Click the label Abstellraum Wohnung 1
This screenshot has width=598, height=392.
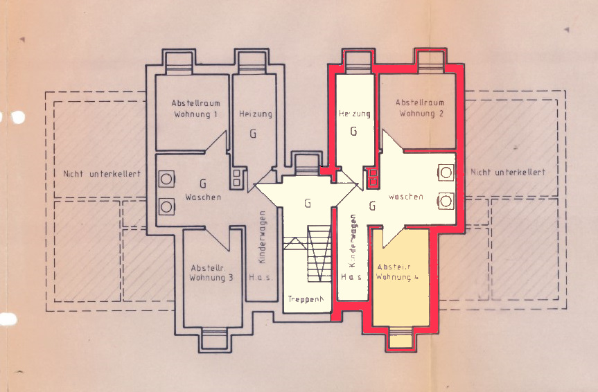[195, 109]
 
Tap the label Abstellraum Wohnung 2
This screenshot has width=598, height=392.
[421, 108]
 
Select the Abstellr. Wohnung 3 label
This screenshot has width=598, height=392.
[211, 273]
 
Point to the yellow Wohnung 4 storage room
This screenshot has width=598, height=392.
[401, 278]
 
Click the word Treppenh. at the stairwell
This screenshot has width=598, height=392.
[306, 299]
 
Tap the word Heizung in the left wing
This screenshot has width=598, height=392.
[256, 114]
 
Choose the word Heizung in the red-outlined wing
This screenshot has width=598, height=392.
[354, 114]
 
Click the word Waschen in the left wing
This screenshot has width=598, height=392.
[203, 197]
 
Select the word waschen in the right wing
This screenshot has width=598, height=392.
[406, 197]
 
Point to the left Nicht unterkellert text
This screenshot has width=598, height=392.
[102, 174]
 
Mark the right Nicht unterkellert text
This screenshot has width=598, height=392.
[508, 172]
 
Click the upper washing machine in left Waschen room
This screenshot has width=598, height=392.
[167, 179]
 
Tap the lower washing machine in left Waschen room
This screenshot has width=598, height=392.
[167, 206]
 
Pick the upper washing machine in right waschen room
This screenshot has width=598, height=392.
[446, 172]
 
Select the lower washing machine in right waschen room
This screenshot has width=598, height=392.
[446, 201]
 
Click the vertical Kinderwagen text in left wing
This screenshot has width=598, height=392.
[262, 237]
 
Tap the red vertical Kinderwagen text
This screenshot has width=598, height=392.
[353, 240]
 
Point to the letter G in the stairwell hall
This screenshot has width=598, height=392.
[308, 204]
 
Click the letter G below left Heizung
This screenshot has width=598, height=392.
[252, 134]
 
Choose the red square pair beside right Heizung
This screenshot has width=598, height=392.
[373, 177]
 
